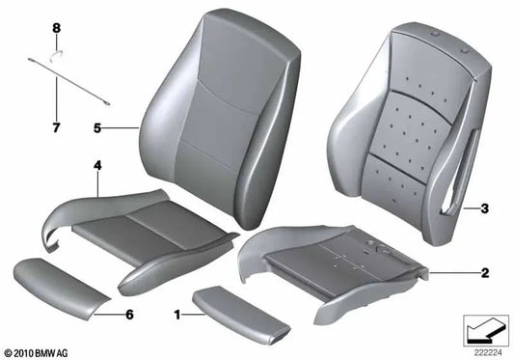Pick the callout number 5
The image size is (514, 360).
pyautogui.click(x=96, y=125)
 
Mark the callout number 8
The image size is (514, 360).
pyautogui.click(x=56, y=29)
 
